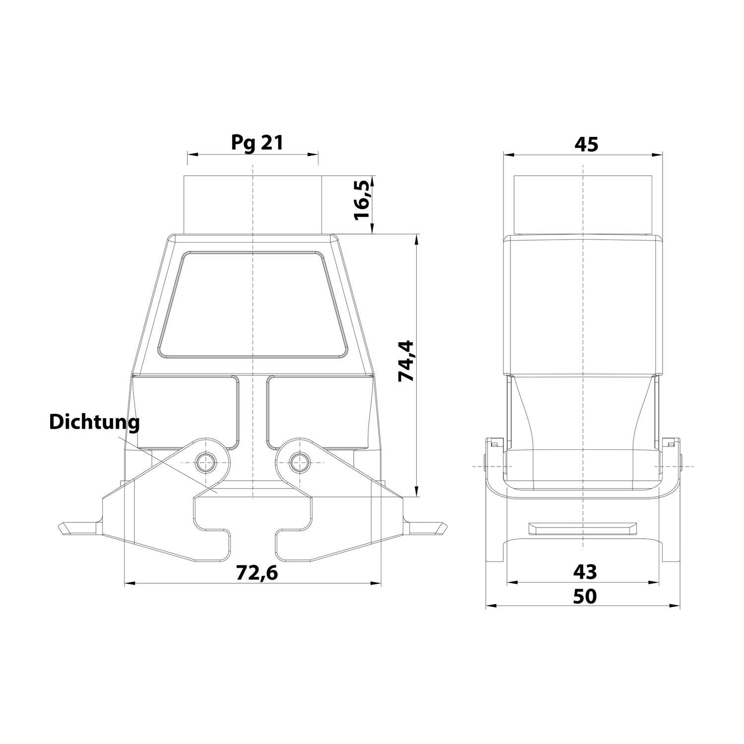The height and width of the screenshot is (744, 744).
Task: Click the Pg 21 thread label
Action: [x=257, y=143]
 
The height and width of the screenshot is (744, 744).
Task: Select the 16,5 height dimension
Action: [x=362, y=200]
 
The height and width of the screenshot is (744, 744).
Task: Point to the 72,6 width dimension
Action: [x=256, y=572]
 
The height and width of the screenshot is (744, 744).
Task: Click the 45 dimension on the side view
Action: [x=586, y=144]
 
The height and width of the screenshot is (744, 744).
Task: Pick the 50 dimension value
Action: [x=585, y=596]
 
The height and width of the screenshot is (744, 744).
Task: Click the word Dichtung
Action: [x=94, y=422]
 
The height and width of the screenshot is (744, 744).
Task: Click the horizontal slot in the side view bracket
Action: [x=583, y=528]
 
